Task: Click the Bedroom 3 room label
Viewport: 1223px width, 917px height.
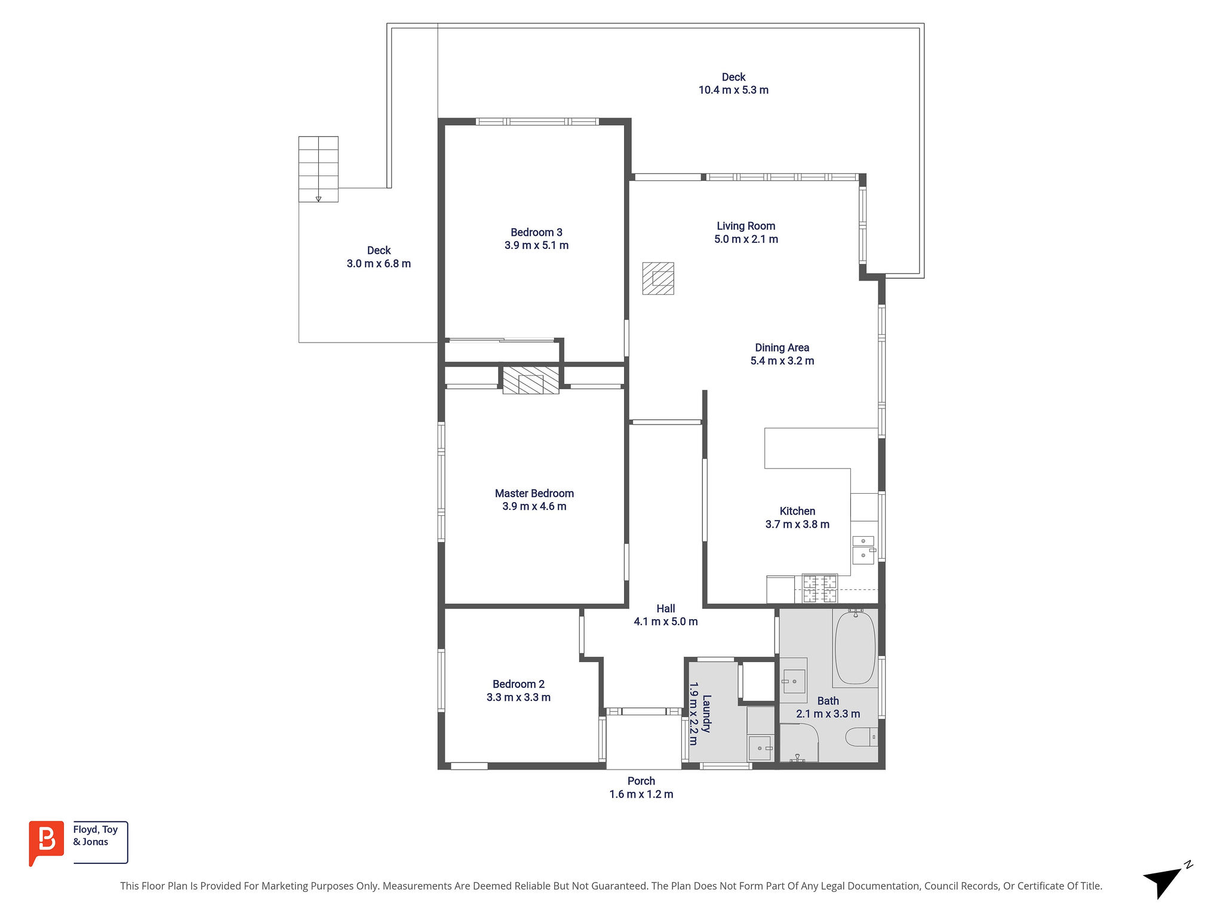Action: [536, 232]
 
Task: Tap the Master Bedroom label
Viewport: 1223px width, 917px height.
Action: [534, 493]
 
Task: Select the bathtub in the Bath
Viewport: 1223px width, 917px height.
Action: [855, 647]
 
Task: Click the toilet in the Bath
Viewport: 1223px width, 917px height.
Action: [862, 737]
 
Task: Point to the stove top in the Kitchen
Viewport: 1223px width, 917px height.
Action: [820, 589]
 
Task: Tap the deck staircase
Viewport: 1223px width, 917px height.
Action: [318, 169]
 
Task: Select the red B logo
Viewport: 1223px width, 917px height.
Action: [47, 842]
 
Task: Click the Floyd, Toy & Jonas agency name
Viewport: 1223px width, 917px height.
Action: [96, 836]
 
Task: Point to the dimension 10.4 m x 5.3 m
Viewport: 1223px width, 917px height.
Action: [733, 90]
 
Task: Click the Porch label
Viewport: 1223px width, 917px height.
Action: [641, 781]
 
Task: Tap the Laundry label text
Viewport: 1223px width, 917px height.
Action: [706, 713]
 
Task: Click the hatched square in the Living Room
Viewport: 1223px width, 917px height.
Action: [658, 278]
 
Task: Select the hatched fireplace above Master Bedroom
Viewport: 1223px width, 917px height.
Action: [531, 380]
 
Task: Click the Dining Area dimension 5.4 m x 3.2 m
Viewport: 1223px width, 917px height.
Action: [782, 361]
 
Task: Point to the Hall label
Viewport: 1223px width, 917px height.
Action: [666, 608]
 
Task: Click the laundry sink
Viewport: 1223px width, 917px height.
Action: [760, 748]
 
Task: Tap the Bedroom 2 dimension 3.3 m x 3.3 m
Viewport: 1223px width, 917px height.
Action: [518, 697]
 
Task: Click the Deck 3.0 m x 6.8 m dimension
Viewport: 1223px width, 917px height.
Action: [379, 264]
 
